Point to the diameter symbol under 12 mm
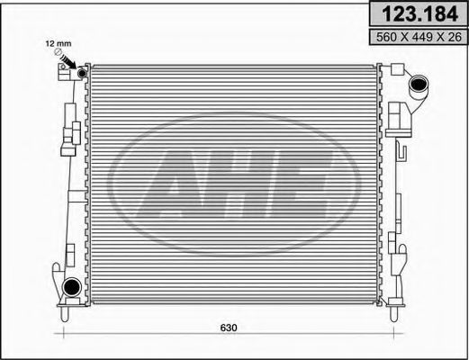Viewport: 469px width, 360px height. (x=59, y=54)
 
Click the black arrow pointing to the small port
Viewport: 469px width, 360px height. (x=71, y=64)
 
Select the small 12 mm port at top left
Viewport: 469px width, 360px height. (x=82, y=73)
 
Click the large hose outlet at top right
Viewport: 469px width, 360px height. (x=420, y=88)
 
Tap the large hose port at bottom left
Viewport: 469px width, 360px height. (x=70, y=287)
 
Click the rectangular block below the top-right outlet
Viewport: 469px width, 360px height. (x=398, y=114)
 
